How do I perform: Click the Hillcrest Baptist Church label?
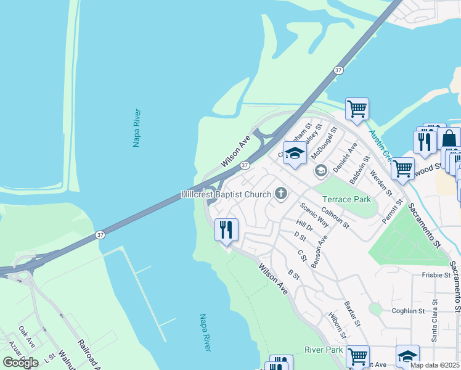pyautogui.click(x=226, y=194)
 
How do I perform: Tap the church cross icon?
pyautogui.click(x=280, y=194)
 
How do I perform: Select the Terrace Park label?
pyautogui.click(x=346, y=199)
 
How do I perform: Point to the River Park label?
pyautogui.click(x=324, y=350)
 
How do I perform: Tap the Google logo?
pyautogui.click(x=21, y=362)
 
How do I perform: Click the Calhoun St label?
pyautogui.click(x=335, y=218)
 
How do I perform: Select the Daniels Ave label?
pyautogui.click(x=345, y=157)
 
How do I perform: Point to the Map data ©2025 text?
pyautogui.click(x=435, y=365)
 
